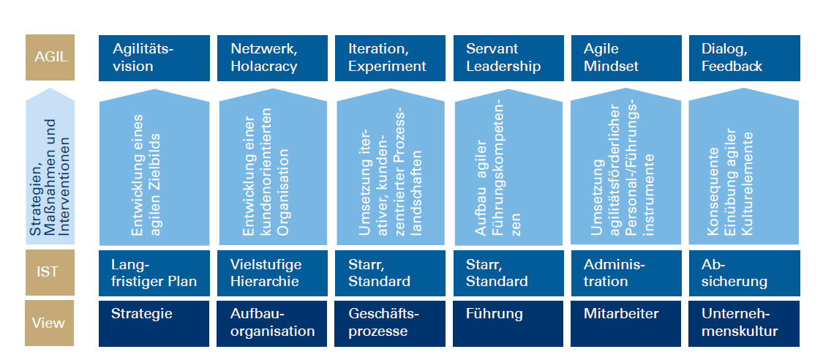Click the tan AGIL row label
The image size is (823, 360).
pyautogui.click(x=50, y=57)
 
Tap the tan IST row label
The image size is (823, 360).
pyautogui.click(x=50, y=272)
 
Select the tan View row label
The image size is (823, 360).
pyautogui.click(x=50, y=323)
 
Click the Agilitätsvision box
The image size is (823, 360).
pyautogui.click(x=154, y=58)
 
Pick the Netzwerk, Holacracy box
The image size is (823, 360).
pyautogui.click(x=272, y=58)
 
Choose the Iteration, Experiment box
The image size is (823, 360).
pyautogui.click(x=390, y=58)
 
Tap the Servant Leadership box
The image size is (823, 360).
pyautogui.click(x=508, y=58)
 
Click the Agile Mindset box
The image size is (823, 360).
pyautogui.click(x=626, y=58)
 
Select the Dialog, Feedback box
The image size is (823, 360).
pyautogui.click(x=744, y=58)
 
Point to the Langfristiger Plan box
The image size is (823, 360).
pyautogui.click(x=154, y=273)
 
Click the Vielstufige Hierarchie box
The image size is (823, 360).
pyautogui.click(x=272, y=273)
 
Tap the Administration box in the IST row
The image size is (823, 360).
pyautogui.click(x=626, y=273)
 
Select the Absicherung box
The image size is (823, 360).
pyautogui.click(x=744, y=273)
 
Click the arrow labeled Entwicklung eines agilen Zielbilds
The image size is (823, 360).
pyautogui.click(x=154, y=167)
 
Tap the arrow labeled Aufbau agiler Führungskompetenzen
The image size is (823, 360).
pyautogui.click(x=508, y=167)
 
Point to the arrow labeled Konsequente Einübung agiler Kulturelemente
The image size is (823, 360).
pyautogui.click(x=744, y=167)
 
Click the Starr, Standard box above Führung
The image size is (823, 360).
pyautogui.click(x=508, y=273)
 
